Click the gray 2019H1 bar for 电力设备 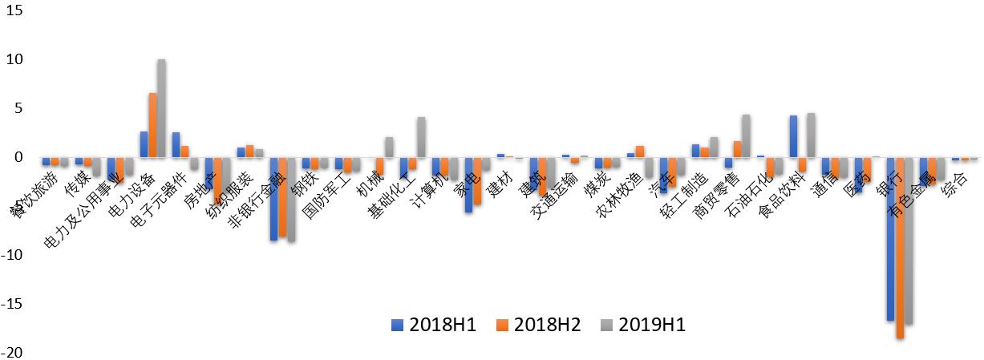(161, 108)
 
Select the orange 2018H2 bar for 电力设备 (152, 125)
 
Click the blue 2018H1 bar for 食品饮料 (793, 136)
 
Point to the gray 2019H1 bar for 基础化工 (421, 137)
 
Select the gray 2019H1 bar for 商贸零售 (746, 136)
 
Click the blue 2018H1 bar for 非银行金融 (273, 199)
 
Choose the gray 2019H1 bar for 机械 (389, 147)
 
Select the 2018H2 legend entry (538, 325)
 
